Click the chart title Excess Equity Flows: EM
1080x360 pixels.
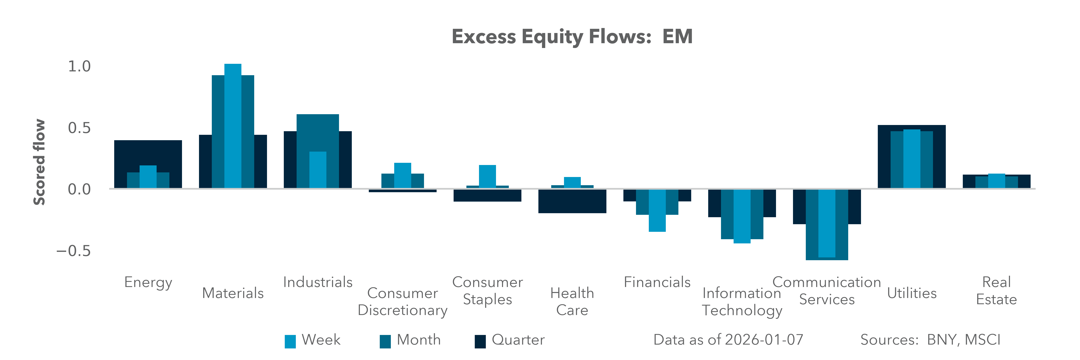[x=572, y=37]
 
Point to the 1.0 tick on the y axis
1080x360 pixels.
[x=79, y=66]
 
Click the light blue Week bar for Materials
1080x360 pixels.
[x=233, y=126]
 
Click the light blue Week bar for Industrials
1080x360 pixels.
[x=317, y=170]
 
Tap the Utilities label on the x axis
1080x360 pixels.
[x=911, y=293]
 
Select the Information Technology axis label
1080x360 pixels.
[x=742, y=302]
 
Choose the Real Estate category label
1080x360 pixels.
[x=996, y=291]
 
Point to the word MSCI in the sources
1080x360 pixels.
[x=982, y=340]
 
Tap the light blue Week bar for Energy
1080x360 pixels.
[x=148, y=177]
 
